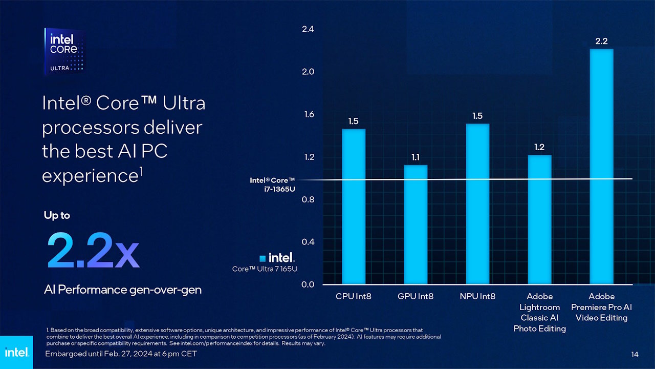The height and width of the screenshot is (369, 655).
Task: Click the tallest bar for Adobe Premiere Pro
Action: click(601, 167)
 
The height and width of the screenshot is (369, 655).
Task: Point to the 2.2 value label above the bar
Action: click(601, 41)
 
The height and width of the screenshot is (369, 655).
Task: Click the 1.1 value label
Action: click(416, 157)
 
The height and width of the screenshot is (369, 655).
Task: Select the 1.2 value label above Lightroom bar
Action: click(539, 147)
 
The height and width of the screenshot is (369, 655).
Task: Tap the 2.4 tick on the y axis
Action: click(308, 30)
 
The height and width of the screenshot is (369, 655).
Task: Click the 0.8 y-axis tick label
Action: click(308, 199)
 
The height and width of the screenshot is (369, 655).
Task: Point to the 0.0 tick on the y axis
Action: click(308, 284)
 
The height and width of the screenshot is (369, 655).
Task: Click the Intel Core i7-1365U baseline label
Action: click(272, 184)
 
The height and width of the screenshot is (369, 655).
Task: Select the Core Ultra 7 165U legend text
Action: click(265, 269)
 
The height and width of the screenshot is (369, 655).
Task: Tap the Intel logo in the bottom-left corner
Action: click(16, 353)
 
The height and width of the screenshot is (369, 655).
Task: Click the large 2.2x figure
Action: click(93, 251)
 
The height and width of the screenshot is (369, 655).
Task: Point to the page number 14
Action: click(635, 354)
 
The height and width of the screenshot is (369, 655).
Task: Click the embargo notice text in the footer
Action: click(121, 354)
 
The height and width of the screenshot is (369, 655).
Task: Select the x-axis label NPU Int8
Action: click(477, 296)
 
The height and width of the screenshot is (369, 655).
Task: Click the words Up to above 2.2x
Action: click(57, 215)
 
